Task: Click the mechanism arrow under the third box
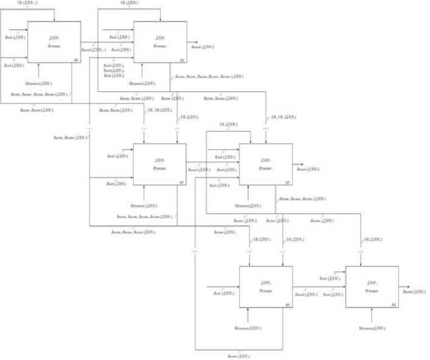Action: click(144, 193)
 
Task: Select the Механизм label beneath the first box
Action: click(39, 83)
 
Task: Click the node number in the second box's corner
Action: click(182, 60)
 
